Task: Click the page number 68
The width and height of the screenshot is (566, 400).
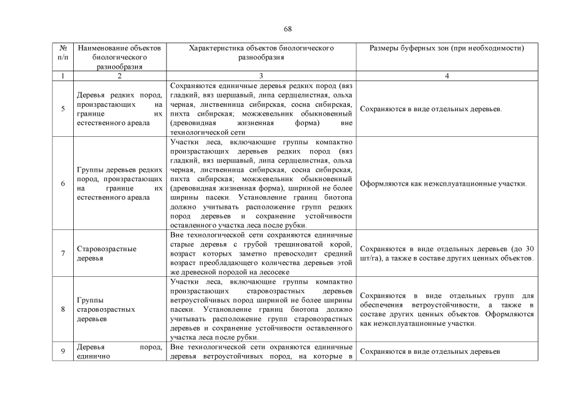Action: tap(288, 29)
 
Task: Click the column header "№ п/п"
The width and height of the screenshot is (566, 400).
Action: tap(63, 52)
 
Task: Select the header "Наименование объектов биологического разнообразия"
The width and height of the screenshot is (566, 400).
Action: tap(119, 56)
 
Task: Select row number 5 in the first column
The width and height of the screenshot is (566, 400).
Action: tap(63, 109)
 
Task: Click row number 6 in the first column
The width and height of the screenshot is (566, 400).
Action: tap(63, 184)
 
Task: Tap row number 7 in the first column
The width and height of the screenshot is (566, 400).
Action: tap(63, 254)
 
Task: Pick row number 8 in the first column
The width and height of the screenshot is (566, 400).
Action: tap(63, 309)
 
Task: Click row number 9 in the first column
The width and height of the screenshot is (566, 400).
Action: tap(63, 351)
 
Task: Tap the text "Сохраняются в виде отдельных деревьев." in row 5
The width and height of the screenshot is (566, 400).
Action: tap(431, 109)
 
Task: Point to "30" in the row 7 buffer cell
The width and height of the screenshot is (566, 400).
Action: tap(529, 249)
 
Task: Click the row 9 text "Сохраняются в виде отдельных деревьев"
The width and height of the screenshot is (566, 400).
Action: tap(430, 352)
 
